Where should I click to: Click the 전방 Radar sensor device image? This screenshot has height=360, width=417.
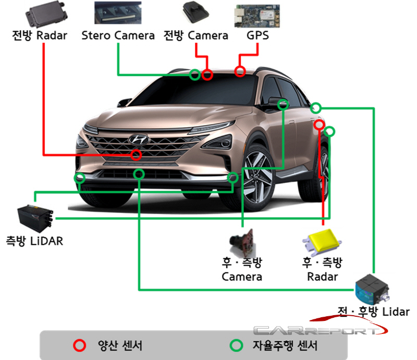coord(46,14)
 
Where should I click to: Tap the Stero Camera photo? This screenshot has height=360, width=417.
coord(118,13)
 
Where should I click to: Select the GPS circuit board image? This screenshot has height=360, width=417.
coord(257,16)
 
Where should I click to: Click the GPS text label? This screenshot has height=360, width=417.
coord(257,35)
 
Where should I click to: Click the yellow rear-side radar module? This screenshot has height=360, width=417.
coord(322,241)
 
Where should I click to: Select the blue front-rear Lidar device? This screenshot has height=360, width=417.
coord(372,290)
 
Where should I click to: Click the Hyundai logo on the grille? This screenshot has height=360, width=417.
coord(139,139)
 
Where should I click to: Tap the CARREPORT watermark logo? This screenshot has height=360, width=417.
coord(319,327)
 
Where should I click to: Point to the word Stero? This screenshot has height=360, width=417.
coord(95,35)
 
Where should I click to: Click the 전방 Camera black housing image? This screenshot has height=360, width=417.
coord(195,12)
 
